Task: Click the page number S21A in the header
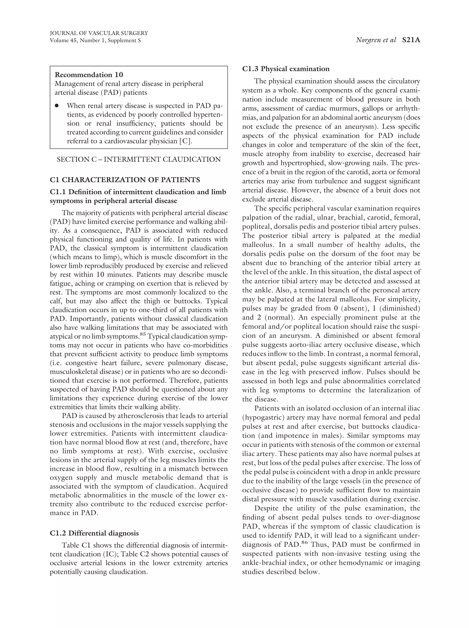tap(411, 40)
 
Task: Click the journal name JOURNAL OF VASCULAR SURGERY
tap(99, 33)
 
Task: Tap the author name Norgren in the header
tap(367, 40)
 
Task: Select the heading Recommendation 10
tap(89, 75)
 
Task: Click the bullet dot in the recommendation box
tap(57, 106)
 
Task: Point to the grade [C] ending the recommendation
tap(186, 141)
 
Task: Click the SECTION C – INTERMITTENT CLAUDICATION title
tap(139, 159)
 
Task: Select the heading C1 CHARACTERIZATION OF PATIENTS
tap(125, 180)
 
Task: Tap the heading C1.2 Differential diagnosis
tap(94, 533)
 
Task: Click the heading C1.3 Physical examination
tap(286, 69)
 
